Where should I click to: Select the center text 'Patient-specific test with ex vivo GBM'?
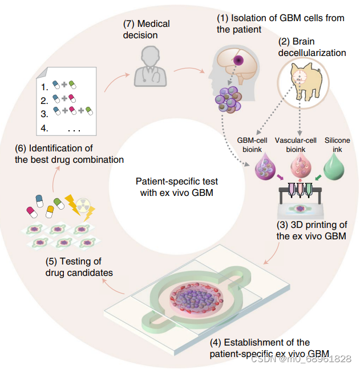pos(177,186)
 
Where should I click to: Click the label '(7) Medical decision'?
pos(147,29)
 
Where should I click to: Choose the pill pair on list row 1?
pos(64,85)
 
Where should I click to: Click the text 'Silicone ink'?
pos(338,145)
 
